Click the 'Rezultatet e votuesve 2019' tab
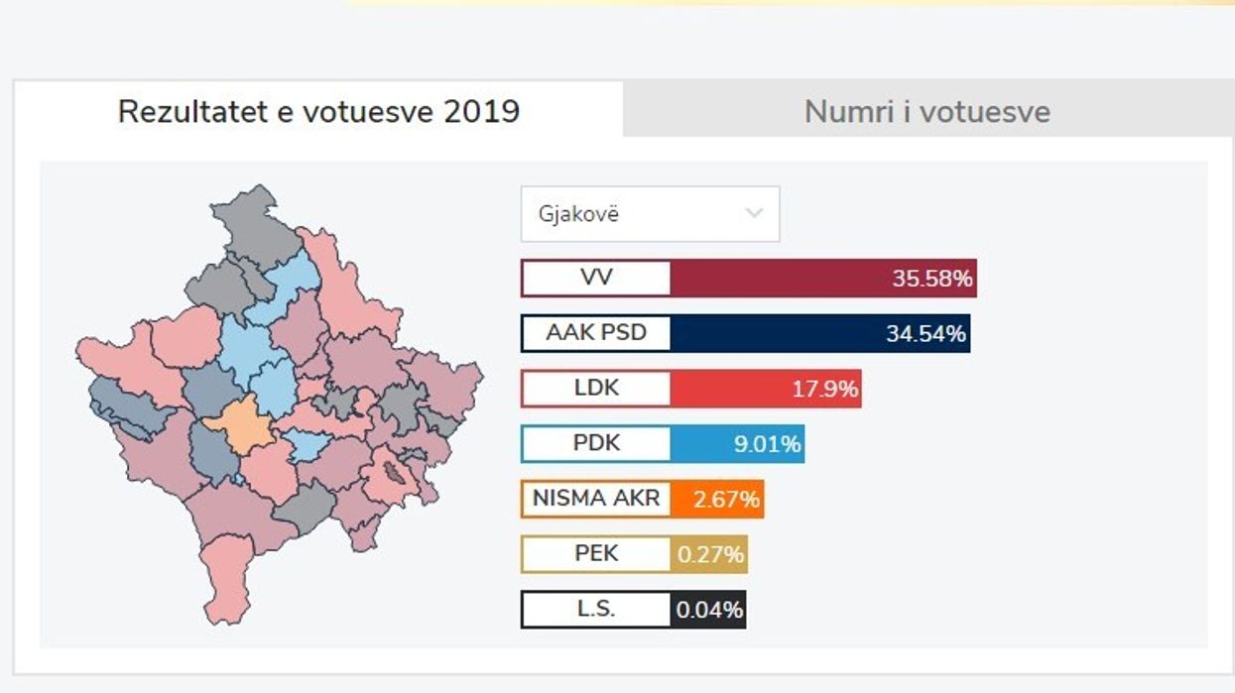[x=317, y=111]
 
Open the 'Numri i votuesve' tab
[x=926, y=111]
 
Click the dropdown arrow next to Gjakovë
[x=754, y=213]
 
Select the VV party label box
[x=596, y=278]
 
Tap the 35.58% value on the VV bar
[x=931, y=279]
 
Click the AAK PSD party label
[x=596, y=333]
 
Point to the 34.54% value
[x=925, y=334]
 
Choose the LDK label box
[x=596, y=389]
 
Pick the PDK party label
[x=596, y=443]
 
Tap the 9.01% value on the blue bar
[x=767, y=444]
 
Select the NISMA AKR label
[x=596, y=499]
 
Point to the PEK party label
[x=596, y=554]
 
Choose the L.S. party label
[x=596, y=610]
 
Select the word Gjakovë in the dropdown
[x=578, y=214]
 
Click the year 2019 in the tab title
[x=481, y=111]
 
